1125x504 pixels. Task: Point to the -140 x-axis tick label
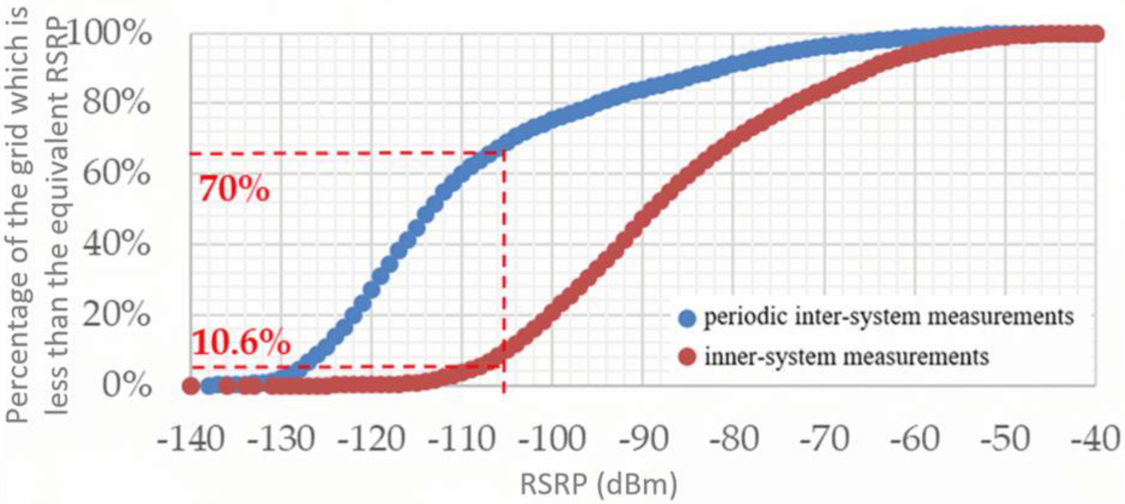[191, 440]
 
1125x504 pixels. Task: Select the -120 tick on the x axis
[372, 440]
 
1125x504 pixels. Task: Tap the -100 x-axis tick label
[552, 440]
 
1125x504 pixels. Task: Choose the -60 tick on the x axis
[914, 440]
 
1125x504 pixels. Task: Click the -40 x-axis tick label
[1095, 440]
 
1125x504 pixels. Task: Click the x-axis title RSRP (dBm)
[599, 484]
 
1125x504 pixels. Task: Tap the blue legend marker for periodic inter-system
[688, 318]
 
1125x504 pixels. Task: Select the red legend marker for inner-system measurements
[688, 357]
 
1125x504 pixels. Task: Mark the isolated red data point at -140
[191, 386]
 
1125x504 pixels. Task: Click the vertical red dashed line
[504, 262]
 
